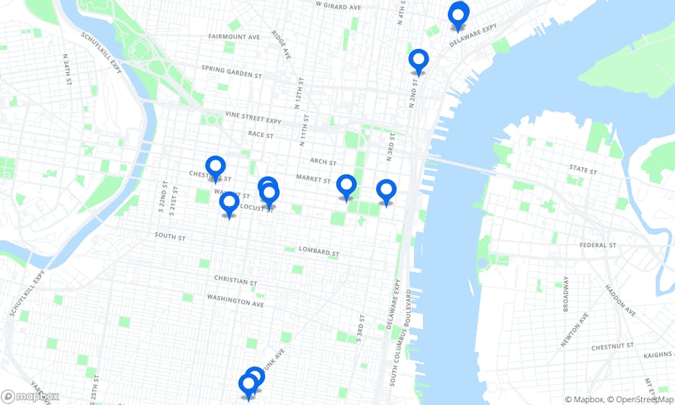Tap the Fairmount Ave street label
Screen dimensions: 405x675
[233, 36]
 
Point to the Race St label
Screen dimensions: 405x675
[261, 134]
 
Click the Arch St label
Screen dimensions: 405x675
[324, 162]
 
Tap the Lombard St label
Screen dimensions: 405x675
[318, 252]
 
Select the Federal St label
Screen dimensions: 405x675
[598, 245]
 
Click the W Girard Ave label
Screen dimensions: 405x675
[339, 6]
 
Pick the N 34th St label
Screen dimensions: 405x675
[66, 69]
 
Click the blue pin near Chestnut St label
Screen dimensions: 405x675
[215, 169]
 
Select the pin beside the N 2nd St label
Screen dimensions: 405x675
[418, 61]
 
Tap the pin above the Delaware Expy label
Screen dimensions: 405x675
[458, 15]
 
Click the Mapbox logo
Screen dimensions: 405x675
[30, 396]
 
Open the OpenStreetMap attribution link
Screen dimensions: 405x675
[640, 399]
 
